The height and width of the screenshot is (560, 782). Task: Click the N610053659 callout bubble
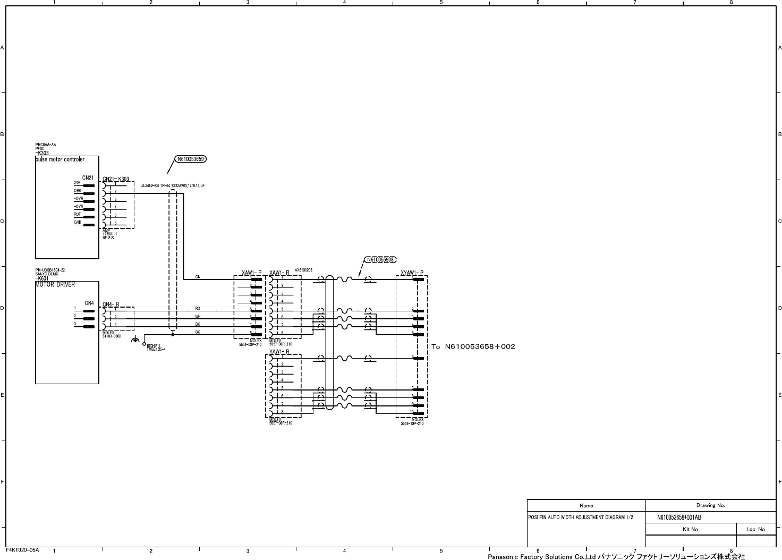(191, 159)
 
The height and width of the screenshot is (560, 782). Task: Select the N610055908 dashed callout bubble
(380, 260)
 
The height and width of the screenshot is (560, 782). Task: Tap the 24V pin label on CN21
(77, 183)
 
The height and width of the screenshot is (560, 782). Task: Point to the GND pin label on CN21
(78, 223)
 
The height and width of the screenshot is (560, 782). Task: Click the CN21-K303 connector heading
(116, 179)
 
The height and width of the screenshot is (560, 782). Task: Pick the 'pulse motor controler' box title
(59, 159)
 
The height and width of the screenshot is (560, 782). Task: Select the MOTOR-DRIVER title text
(55, 285)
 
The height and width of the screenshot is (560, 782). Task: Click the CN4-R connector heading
(110, 304)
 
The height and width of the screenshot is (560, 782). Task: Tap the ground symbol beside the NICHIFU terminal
(136, 340)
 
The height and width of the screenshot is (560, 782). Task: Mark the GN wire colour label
(198, 277)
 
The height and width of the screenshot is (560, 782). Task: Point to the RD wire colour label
(198, 308)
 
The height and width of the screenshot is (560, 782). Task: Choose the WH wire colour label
(198, 316)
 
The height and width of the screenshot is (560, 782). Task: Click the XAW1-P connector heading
(251, 273)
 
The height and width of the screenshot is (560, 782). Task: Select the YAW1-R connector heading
(279, 352)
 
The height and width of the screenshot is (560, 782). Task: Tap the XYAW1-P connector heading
(412, 273)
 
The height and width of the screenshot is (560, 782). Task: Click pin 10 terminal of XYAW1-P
(419, 413)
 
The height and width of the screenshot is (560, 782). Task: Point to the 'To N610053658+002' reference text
(473, 346)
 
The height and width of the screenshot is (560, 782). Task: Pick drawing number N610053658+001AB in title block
(679, 517)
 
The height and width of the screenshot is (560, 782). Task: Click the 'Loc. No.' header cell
(756, 529)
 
